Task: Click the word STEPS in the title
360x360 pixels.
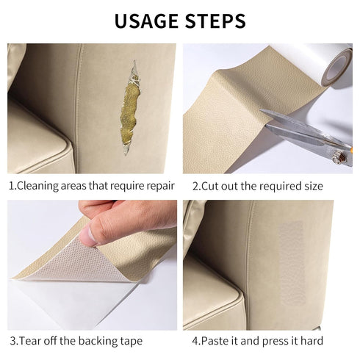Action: coord(214,20)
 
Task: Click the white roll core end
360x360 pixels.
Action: coord(339,68)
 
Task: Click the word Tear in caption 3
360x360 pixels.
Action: coord(33,341)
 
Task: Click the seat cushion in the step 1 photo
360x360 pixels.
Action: coord(37,143)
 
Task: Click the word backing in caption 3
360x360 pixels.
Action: coord(93,341)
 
